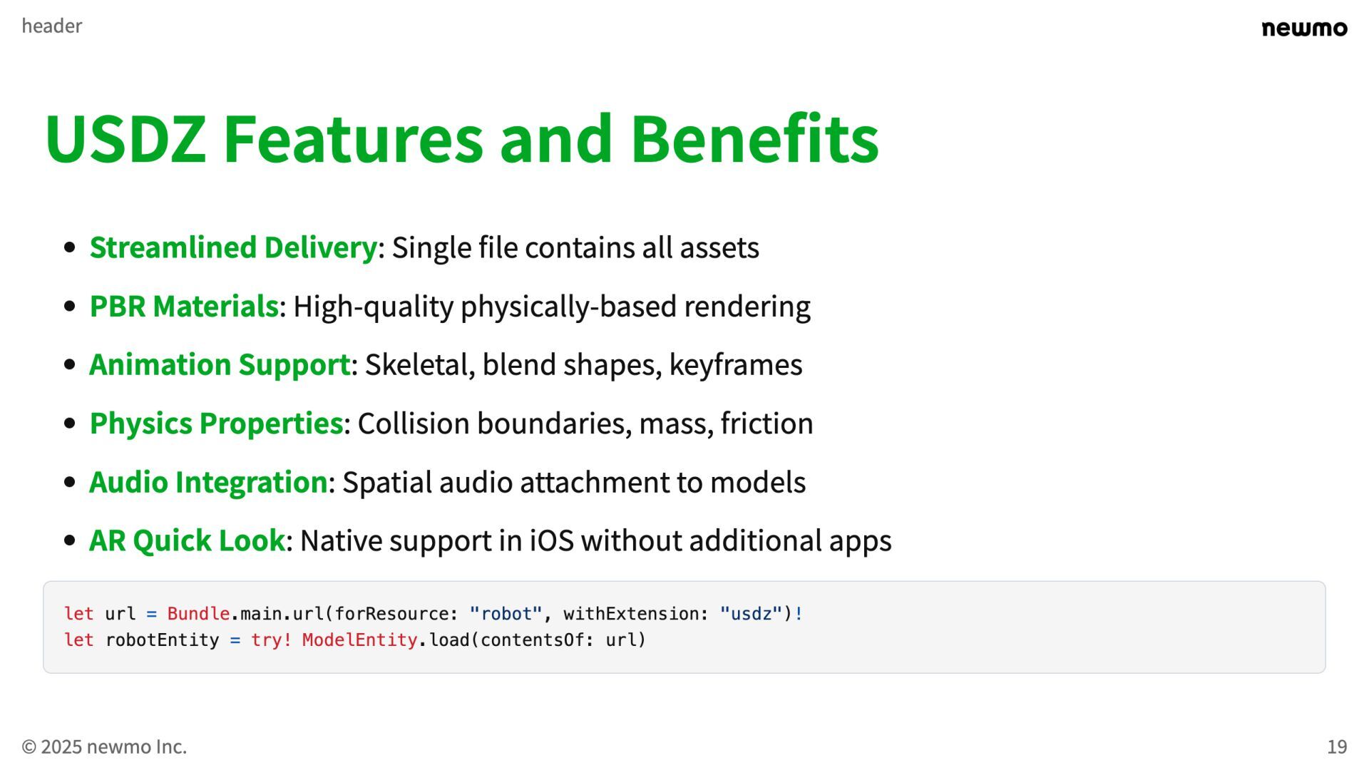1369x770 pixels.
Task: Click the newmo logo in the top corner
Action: (1304, 29)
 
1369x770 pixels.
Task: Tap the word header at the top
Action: (52, 26)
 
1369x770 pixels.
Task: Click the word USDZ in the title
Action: (125, 139)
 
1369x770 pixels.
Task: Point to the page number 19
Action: (1337, 746)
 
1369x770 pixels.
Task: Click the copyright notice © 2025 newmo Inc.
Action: (104, 746)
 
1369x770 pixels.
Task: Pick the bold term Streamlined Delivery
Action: (232, 247)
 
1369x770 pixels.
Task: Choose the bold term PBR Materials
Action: (183, 307)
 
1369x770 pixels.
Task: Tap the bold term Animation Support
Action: (220, 365)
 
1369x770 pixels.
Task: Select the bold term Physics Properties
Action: (216, 423)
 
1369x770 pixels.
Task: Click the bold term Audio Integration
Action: (208, 482)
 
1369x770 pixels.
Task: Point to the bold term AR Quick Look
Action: (187, 540)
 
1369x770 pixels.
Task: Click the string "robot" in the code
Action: (506, 614)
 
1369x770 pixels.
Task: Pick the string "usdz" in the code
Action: (751, 614)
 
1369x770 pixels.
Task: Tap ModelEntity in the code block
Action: (359, 640)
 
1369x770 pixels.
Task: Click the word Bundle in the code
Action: (198, 614)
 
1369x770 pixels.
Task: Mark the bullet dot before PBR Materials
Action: (70, 307)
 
